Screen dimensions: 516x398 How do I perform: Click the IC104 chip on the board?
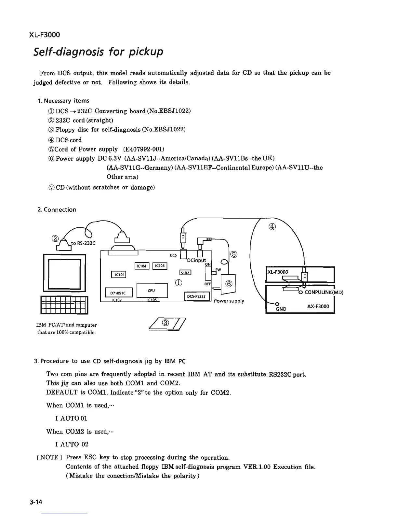142,266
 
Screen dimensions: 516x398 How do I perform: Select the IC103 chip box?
160,266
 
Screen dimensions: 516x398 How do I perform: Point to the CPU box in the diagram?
152,291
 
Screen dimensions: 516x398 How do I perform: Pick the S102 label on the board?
186,273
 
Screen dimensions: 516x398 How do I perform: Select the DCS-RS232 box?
197,296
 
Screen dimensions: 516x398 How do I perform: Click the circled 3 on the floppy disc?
166,323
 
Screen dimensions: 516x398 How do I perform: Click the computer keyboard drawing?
64,305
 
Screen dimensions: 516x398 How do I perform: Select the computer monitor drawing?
64,273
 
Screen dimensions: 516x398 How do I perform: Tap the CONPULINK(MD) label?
324,292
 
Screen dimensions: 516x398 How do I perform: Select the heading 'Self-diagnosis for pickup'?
98,52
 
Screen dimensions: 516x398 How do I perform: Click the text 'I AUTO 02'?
72,444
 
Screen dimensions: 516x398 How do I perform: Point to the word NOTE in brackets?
49,457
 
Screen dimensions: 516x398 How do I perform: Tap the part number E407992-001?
144,149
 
